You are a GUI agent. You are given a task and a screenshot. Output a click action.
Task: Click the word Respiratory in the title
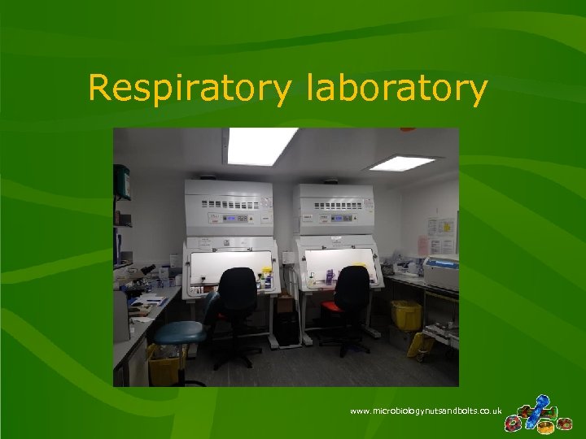(x=188, y=89)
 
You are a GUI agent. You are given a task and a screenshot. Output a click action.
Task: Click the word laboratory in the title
(x=397, y=89)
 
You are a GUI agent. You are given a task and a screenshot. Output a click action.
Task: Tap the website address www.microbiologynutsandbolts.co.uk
(x=426, y=411)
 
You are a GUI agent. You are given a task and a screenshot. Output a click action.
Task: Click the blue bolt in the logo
(x=539, y=406)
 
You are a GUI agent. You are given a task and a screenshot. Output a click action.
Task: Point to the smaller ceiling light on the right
(x=401, y=163)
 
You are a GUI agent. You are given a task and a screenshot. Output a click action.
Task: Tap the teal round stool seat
(x=179, y=332)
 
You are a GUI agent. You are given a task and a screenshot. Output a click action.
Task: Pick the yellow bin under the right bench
(x=405, y=314)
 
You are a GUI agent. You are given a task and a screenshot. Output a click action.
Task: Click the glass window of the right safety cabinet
(x=338, y=262)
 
